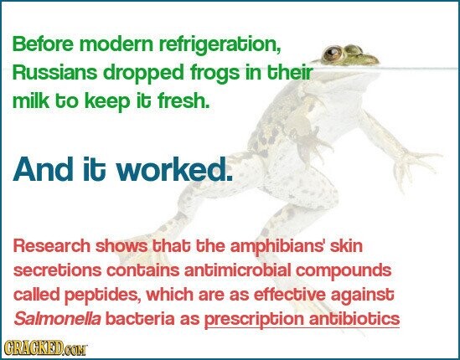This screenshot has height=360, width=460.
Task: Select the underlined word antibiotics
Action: (x=354, y=318)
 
